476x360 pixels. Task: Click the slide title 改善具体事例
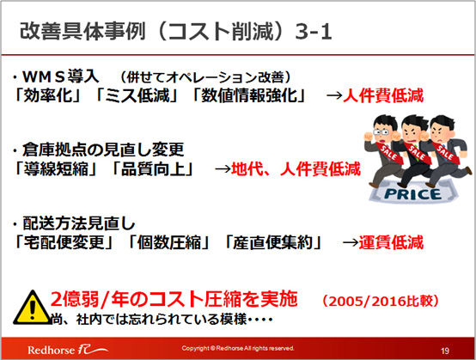coord(82,31)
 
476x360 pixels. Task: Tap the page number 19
coord(445,351)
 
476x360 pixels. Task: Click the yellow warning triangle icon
coord(32,308)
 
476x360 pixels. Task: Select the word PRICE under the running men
coord(412,194)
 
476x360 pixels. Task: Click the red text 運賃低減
coord(391,242)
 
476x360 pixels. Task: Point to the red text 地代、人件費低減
coord(296,168)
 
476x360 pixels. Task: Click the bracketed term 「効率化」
coord(47,95)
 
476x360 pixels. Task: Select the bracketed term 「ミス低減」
coord(136,95)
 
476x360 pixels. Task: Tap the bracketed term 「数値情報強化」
coord(248,95)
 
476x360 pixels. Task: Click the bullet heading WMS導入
coord(60,76)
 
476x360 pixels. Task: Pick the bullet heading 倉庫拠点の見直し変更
coord(103,149)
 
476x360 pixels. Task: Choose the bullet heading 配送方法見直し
coord(79,223)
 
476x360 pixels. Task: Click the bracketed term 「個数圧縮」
coord(168,242)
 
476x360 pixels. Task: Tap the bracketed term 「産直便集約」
coord(272,242)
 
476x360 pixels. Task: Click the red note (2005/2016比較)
coord(381,301)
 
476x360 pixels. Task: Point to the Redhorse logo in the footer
coord(67,350)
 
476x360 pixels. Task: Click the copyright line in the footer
coord(238,348)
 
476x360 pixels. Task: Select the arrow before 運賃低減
coord(351,243)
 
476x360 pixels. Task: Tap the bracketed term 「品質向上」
coord(153,168)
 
